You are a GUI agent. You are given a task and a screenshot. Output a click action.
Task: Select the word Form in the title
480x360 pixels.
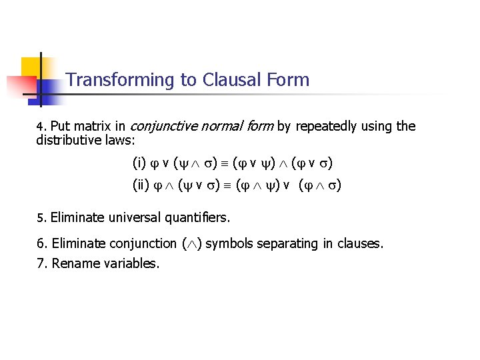click(287, 80)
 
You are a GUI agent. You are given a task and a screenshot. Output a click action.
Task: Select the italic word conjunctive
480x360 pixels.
click(164, 126)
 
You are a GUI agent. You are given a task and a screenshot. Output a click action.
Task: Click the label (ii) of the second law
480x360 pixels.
click(141, 185)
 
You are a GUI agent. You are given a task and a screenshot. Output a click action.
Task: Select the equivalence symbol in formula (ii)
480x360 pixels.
click(225, 185)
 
